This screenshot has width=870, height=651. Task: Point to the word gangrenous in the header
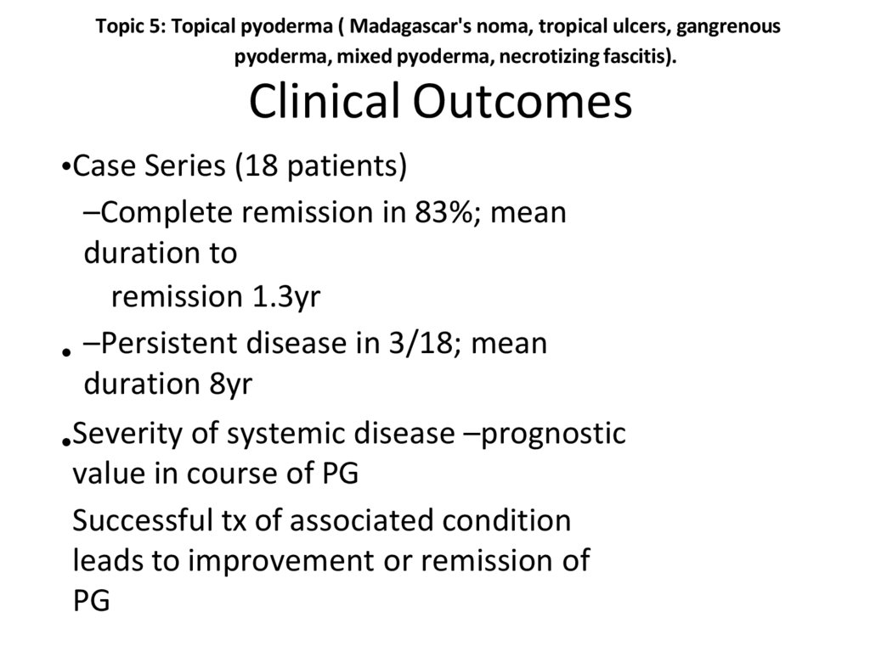[732, 25]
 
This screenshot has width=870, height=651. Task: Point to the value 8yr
[229, 384]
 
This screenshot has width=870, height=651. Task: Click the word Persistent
[170, 344]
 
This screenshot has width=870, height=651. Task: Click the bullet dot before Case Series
[67, 169]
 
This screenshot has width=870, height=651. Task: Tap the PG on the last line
[91, 602]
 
